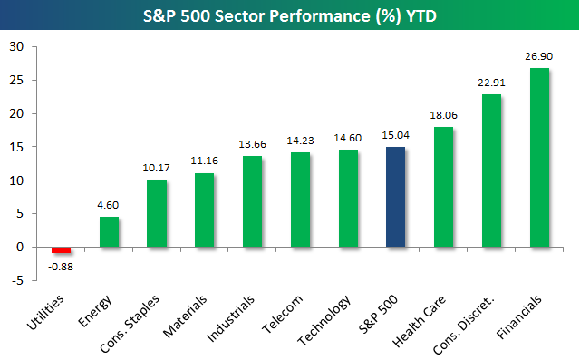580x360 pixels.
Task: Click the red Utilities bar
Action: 61,249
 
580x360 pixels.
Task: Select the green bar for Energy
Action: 109,231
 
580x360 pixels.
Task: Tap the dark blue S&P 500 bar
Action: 395,197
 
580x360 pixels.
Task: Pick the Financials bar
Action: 539,157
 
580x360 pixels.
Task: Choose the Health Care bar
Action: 443,187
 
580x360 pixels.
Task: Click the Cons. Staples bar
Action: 157,213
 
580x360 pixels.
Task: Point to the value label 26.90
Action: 538,56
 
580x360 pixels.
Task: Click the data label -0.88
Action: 61,267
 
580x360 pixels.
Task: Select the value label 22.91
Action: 491,83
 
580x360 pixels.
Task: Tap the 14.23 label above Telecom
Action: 300,141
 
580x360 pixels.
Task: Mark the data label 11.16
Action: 204,161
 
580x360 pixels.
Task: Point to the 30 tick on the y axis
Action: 16,46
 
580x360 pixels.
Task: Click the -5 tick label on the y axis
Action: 17,280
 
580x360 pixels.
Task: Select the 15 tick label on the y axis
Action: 16,147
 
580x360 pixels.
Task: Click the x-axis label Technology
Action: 324,320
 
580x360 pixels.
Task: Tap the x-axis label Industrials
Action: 230,318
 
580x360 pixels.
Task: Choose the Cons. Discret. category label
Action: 463,325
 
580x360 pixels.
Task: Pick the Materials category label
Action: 185,316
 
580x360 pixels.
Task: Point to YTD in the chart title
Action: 421,16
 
